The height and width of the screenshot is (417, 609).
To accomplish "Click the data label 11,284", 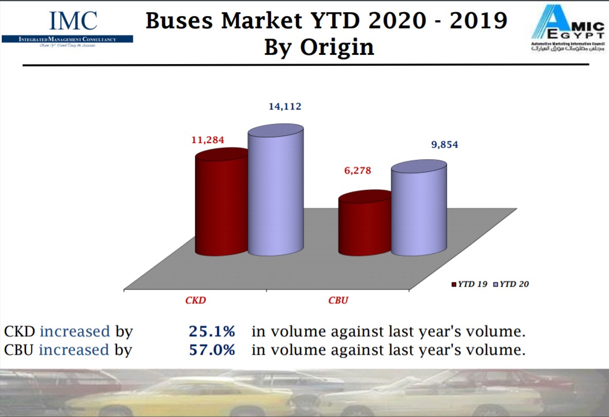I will pos(208,140).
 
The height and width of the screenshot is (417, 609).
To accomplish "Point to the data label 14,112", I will pos(285,106).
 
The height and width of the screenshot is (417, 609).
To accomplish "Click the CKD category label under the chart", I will pos(196,300).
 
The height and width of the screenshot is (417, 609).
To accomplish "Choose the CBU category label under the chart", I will pos(338,300).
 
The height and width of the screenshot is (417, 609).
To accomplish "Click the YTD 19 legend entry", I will pos(472,284).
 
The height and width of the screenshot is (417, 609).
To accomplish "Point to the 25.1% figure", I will pos(212,332).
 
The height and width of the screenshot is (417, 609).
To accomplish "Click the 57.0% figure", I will pos(212,350).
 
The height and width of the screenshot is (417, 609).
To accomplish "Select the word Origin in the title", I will pos(337,47).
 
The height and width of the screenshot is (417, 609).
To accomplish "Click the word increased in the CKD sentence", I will pos(74,332).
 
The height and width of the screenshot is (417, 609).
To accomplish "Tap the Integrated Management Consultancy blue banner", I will pos(67,39).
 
